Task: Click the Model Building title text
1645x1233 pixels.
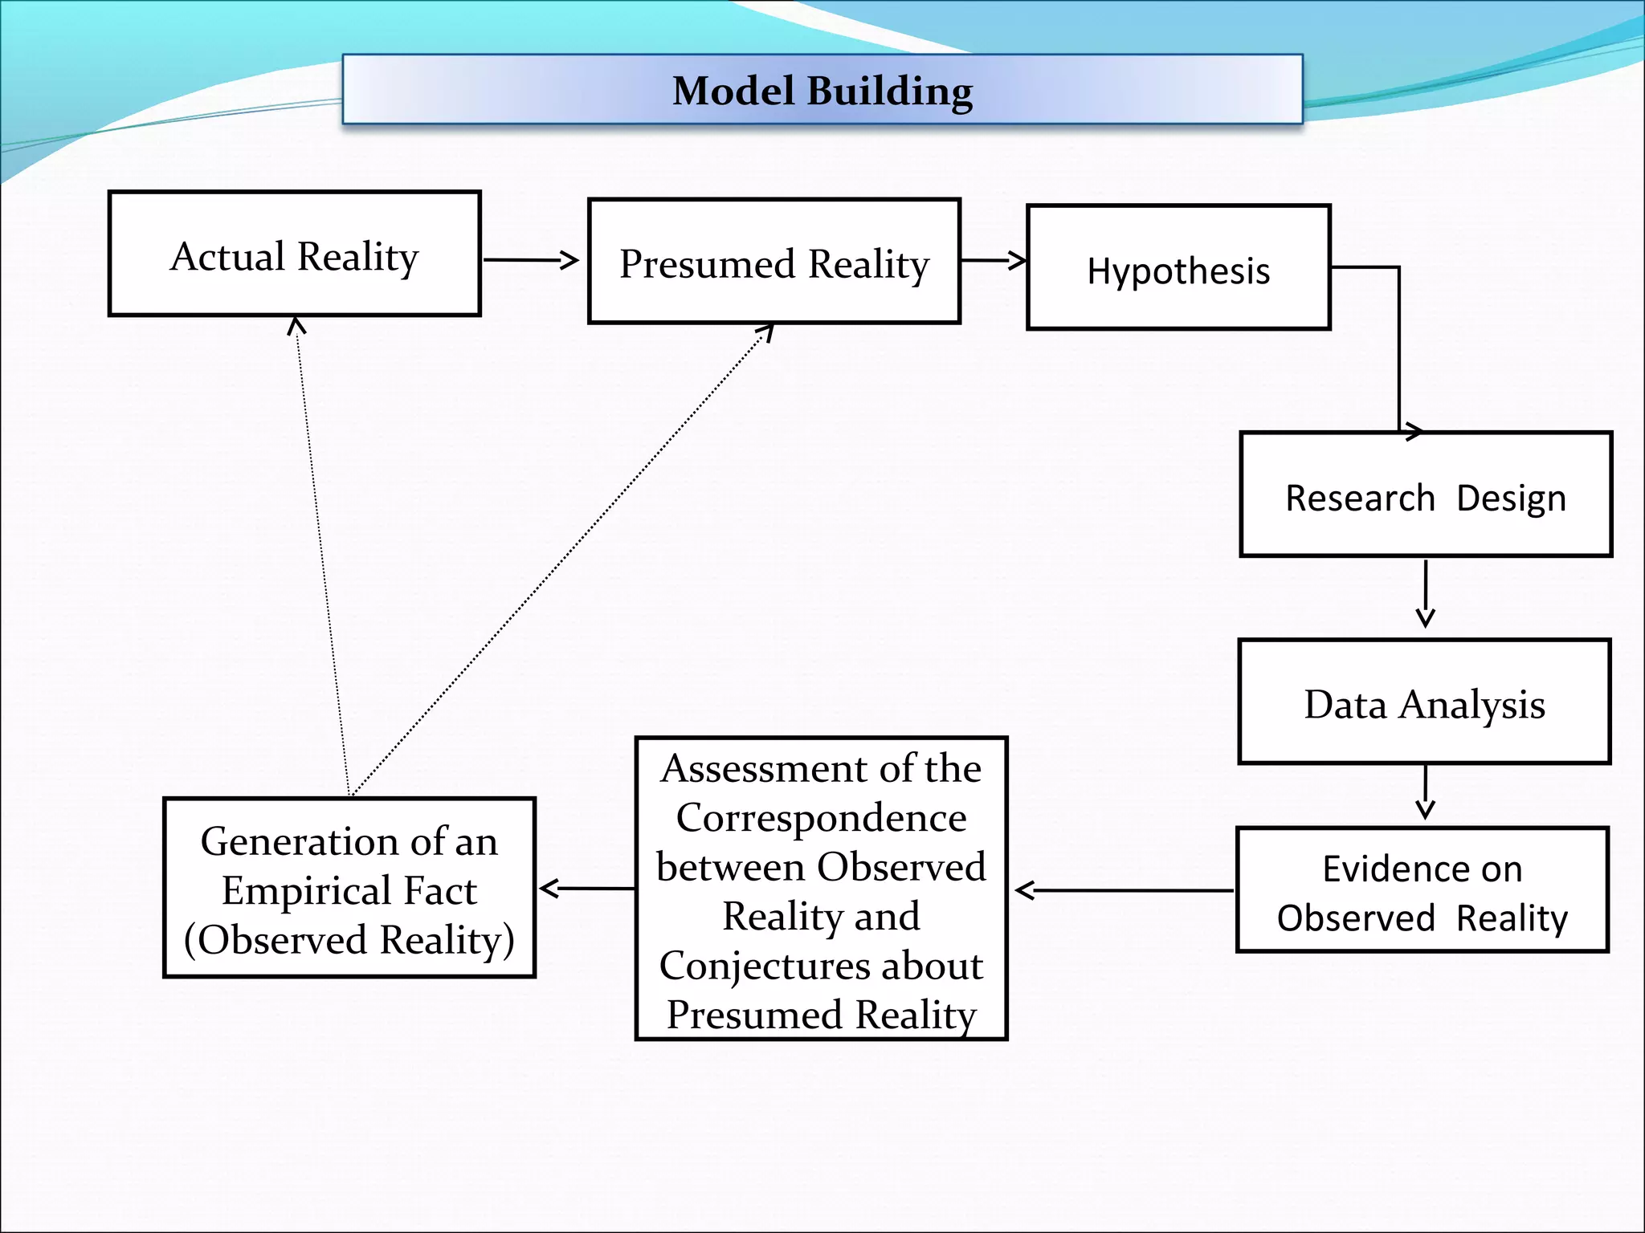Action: (x=822, y=91)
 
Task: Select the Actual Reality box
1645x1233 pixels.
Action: (x=294, y=254)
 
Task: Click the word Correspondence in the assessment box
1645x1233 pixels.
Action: (x=821, y=818)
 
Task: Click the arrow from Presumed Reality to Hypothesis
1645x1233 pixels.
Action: (x=993, y=260)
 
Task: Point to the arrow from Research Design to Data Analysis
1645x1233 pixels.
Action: (x=1426, y=594)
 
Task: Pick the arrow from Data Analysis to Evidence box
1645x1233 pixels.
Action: (x=1426, y=792)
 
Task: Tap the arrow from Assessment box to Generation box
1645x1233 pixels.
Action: (x=586, y=889)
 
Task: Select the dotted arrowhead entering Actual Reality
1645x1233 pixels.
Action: (x=297, y=324)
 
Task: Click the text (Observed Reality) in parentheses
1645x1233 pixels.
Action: (x=349, y=940)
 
